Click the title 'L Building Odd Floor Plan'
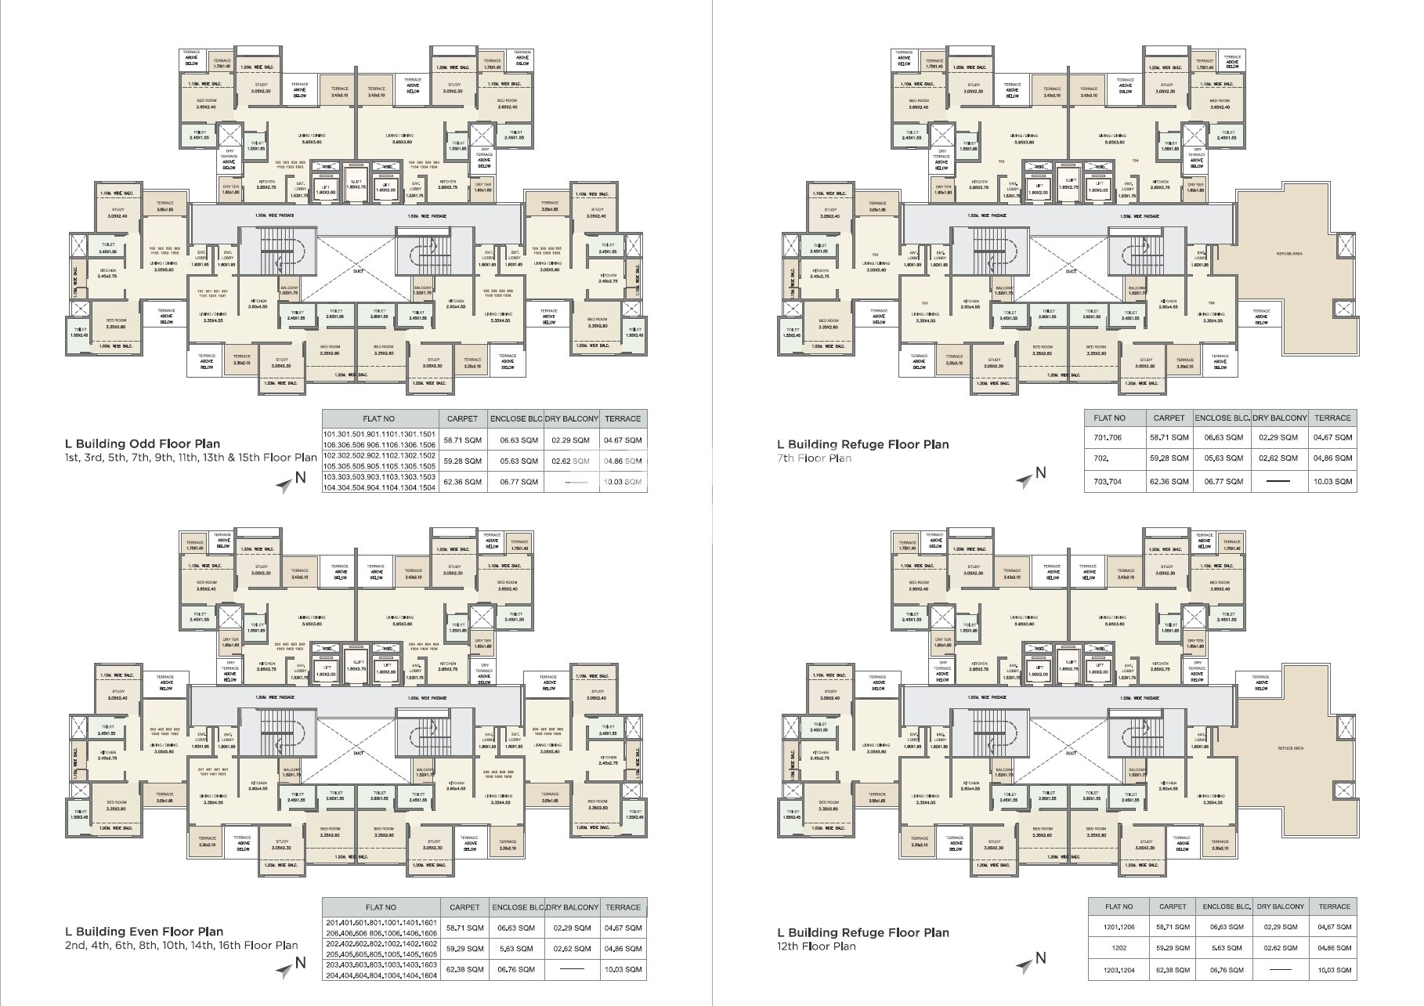point(143,443)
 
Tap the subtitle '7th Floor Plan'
point(814,458)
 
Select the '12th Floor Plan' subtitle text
point(816,946)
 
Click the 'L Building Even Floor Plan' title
point(144,932)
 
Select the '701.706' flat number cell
point(1108,438)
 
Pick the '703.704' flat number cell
point(1108,481)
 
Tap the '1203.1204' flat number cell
point(1118,970)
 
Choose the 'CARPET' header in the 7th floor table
point(1169,418)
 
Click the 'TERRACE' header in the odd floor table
point(623,419)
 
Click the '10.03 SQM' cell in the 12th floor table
point(1334,970)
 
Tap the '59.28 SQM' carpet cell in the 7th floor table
point(1169,458)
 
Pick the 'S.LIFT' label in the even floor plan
point(356,650)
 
